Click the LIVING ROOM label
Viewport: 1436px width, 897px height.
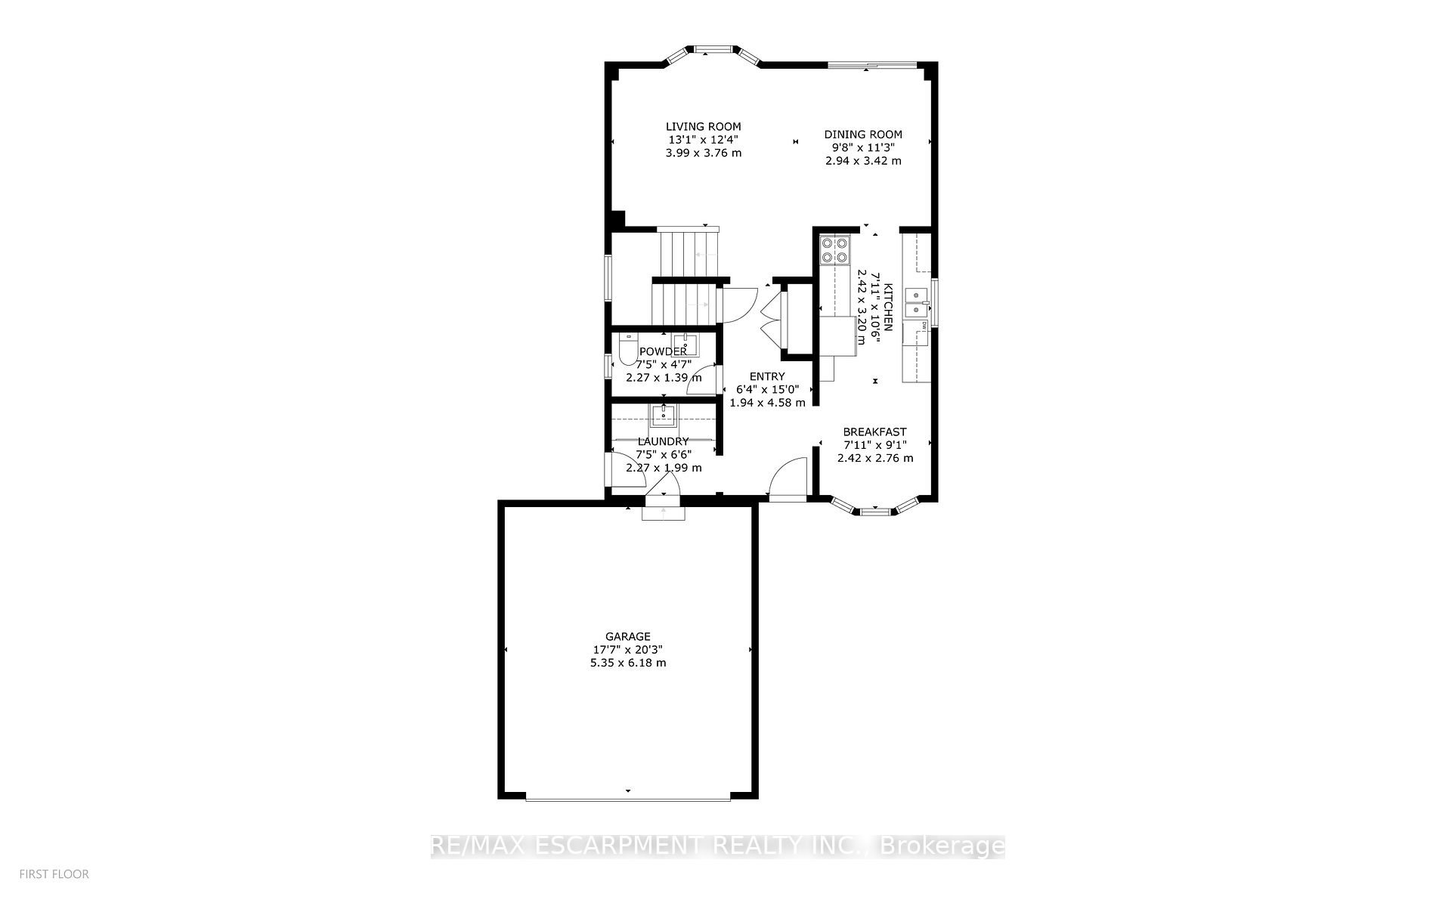[x=703, y=126]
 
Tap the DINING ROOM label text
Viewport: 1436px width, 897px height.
[x=862, y=135]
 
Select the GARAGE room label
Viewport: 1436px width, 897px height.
[x=627, y=636]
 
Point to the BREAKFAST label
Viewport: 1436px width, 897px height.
[x=874, y=432]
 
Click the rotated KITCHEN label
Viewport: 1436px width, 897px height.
[x=889, y=307]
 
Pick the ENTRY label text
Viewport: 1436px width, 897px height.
[x=766, y=376]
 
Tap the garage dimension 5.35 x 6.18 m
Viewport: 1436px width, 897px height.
[x=627, y=663]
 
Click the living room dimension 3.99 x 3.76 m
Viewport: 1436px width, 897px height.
[x=703, y=153]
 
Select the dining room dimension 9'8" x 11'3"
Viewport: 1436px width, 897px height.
[x=862, y=147]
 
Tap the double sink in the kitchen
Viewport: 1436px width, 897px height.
[x=917, y=302]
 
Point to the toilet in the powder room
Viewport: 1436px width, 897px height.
[x=627, y=350]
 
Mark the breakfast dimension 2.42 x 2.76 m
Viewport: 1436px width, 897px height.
[x=874, y=458]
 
